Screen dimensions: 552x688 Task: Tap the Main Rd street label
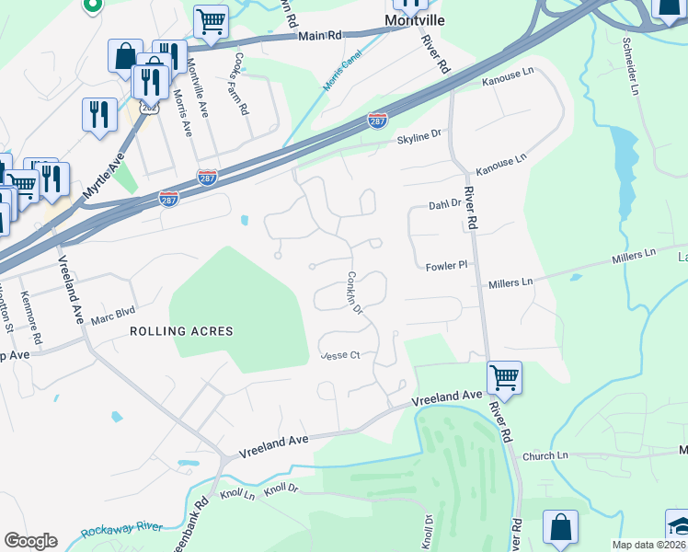pos(320,36)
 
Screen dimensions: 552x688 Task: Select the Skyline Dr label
pos(419,139)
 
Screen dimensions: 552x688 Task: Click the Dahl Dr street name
pos(443,204)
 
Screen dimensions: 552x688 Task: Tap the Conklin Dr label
pos(355,294)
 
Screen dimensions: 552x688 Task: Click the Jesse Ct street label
pos(339,355)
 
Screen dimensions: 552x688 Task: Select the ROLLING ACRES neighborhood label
pos(181,331)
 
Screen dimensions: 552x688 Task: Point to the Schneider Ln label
pos(629,67)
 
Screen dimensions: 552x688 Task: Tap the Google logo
pos(30,541)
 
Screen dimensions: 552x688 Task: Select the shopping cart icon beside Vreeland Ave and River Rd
pos(504,375)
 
